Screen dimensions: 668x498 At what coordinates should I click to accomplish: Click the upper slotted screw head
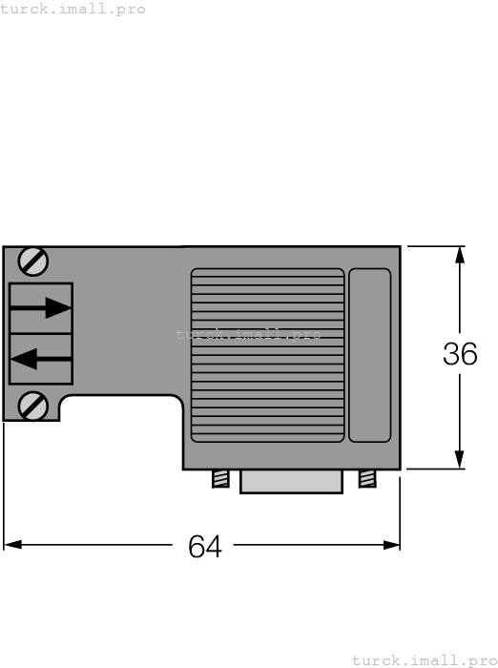click(34, 260)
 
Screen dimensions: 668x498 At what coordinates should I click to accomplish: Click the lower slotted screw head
click(34, 406)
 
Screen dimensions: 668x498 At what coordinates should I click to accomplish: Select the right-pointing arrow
click(43, 307)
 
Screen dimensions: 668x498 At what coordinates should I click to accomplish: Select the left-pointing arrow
click(40, 359)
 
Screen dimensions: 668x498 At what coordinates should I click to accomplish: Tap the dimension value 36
click(460, 354)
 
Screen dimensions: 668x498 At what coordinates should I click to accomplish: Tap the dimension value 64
click(204, 547)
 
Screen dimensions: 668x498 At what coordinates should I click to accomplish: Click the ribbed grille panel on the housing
click(267, 355)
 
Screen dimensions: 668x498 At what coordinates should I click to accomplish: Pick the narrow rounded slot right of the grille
click(369, 355)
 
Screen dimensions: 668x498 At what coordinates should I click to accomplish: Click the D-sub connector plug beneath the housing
click(290, 481)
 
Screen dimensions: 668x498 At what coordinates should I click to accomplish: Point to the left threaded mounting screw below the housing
click(220, 478)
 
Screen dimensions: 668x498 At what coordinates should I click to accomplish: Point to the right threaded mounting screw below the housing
click(366, 478)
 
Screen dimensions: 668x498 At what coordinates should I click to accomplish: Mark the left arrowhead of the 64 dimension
click(12, 545)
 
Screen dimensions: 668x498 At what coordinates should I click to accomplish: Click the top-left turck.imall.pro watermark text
click(73, 9)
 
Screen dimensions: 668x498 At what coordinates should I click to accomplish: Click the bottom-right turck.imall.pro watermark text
click(424, 659)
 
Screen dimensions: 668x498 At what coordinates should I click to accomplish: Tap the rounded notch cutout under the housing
click(120, 410)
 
